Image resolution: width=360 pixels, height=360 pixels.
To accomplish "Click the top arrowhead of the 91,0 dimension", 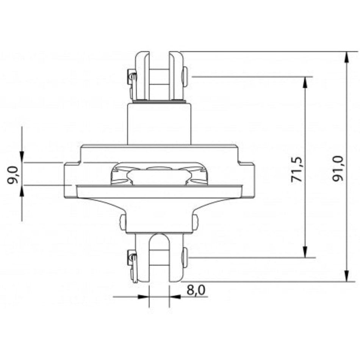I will [347, 57].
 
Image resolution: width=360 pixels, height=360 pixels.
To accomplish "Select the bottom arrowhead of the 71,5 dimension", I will [305, 252].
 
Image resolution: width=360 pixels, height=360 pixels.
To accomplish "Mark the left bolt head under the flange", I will [122, 222].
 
